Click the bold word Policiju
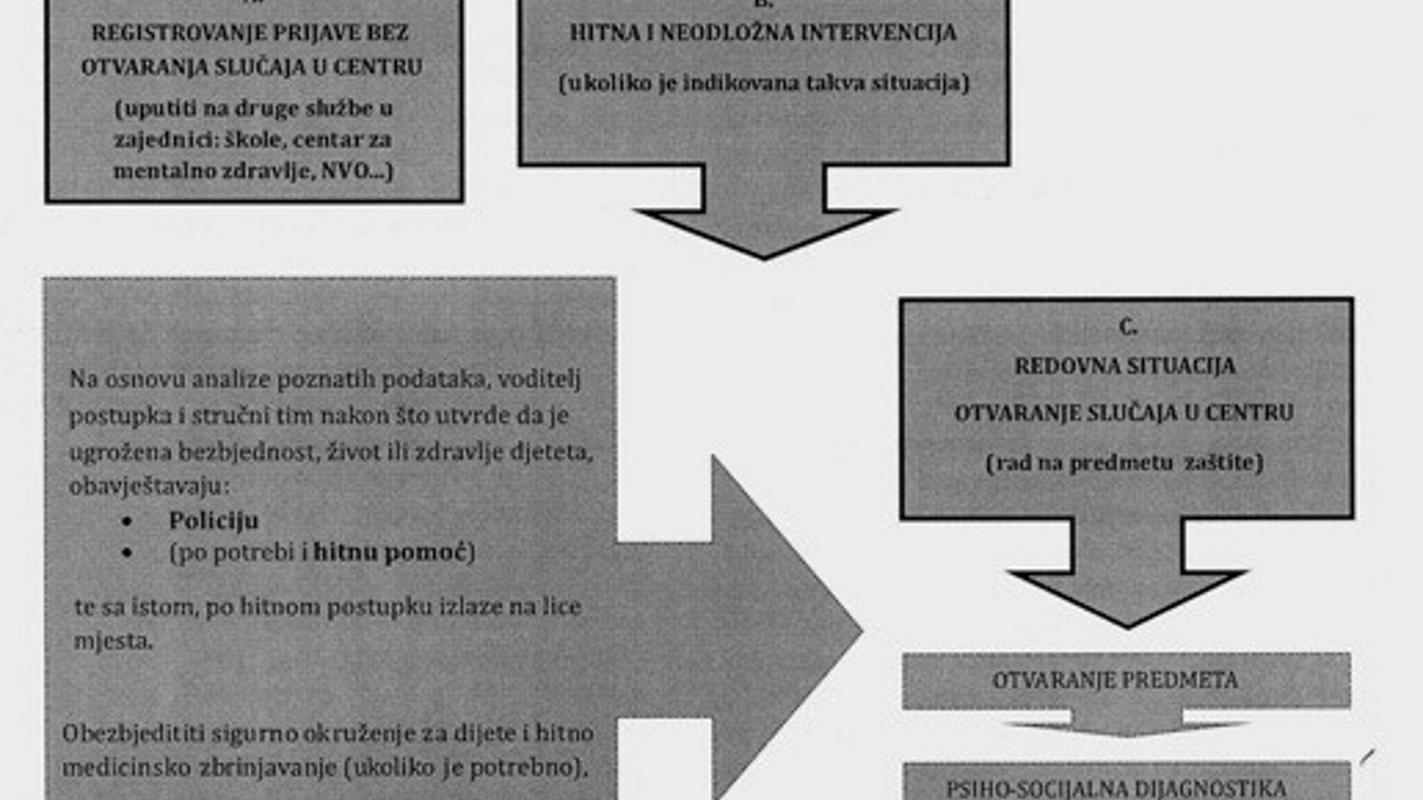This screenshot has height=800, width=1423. (214, 521)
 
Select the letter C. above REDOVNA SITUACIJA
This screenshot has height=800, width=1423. (1127, 326)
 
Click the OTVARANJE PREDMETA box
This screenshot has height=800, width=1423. (1125, 680)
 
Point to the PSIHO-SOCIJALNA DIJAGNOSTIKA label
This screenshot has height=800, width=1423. (1116, 787)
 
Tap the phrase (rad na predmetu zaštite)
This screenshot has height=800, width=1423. (1124, 463)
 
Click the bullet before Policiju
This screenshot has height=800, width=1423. (127, 522)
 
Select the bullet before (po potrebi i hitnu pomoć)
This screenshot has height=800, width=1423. (127, 552)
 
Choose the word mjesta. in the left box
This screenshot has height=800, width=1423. (113, 641)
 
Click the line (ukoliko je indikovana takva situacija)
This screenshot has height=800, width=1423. (764, 83)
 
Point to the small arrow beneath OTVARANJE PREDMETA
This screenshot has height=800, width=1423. (1127, 726)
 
